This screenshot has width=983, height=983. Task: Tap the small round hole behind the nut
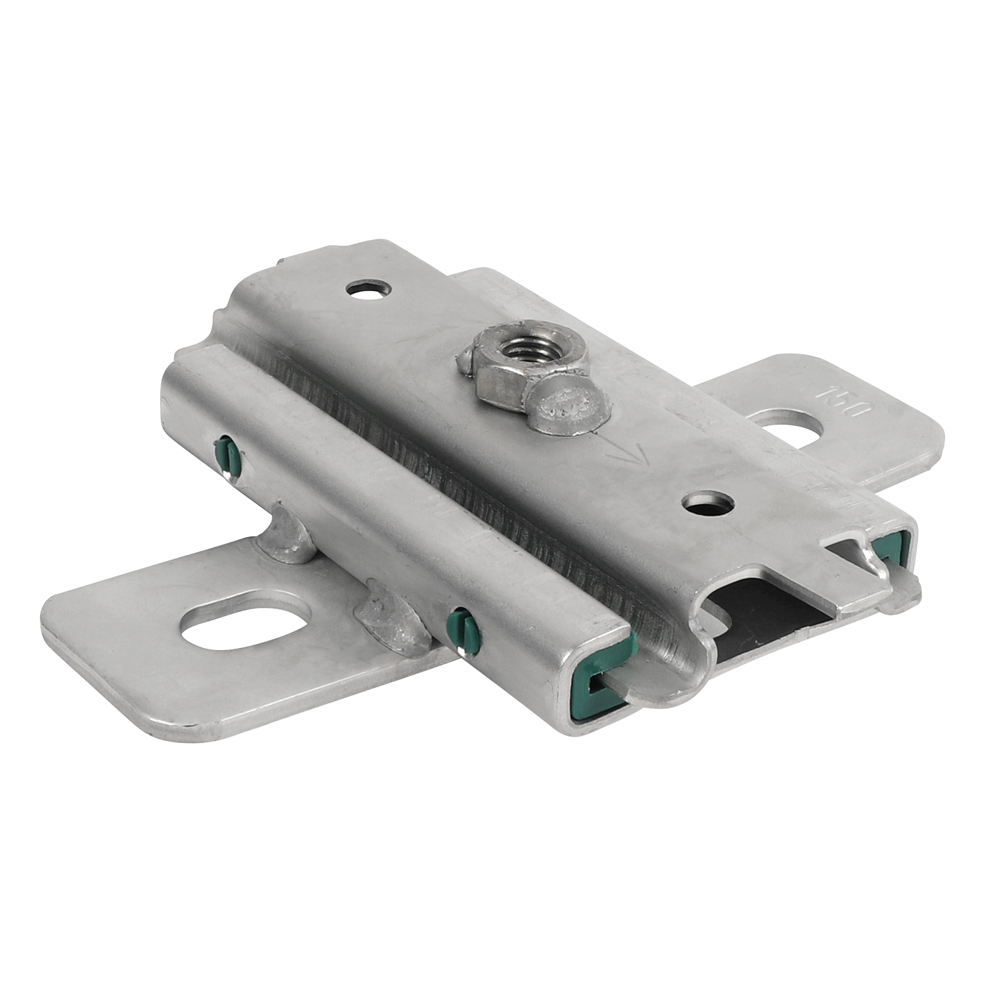(x=365, y=289)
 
